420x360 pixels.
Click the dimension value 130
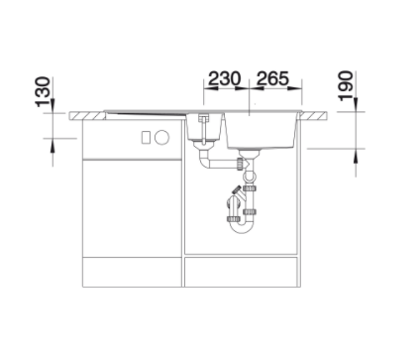pyautogui.click(x=43, y=92)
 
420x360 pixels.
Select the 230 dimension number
pyautogui.click(x=224, y=78)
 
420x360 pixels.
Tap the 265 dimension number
pyautogui.click(x=272, y=78)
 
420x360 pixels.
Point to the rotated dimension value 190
pyautogui.click(x=346, y=85)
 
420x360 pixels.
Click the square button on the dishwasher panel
pyautogui.click(x=146, y=137)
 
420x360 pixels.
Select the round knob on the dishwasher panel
pyautogui.click(x=161, y=137)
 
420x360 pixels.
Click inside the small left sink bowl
pyautogui.click(x=204, y=127)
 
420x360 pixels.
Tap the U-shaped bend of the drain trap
pyautogui.click(x=241, y=228)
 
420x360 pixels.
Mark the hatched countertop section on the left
pyautogui.click(x=87, y=116)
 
